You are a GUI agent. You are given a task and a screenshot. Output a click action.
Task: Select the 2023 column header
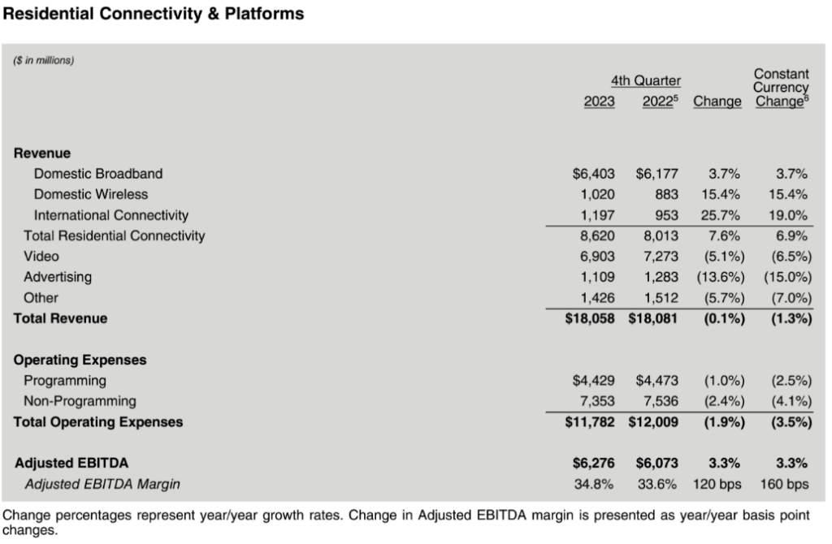click(x=600, y=101)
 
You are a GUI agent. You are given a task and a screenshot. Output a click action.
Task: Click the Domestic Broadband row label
click(x=98, y=173)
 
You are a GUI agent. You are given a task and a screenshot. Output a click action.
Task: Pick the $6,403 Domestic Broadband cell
click(x=594, y=173)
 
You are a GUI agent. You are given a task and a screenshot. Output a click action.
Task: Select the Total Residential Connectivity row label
click(x=115, y=236)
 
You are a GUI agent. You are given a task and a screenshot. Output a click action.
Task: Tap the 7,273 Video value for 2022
click(x=659, y=257)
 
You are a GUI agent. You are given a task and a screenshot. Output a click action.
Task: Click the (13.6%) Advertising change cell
click(x=719, y=278)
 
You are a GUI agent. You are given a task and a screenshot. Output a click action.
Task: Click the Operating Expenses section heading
click(x=80, y=360)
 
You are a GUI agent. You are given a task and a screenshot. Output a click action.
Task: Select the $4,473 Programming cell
click(x=657, y=381)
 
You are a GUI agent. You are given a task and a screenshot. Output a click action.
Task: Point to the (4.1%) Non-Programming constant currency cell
click(x=787, y=401)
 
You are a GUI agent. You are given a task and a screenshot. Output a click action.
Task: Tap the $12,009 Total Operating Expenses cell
click(x=654, y=422)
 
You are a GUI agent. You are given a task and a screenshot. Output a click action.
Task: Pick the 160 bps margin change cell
click(x=786, y=485)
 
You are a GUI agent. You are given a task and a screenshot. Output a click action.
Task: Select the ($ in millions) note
click(x=45, y=60)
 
